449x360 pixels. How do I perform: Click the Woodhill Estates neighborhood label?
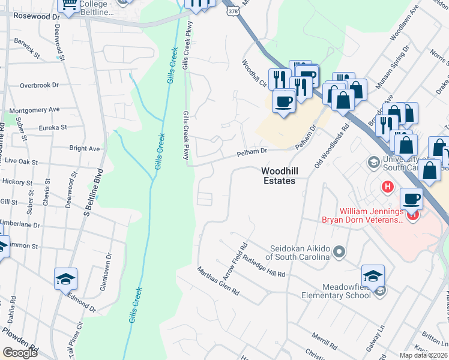coord(279,175)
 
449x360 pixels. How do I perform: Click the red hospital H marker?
coord(388,187)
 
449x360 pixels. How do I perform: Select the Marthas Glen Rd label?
coord(218,281)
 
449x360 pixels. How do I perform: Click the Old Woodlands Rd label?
coord(331,147)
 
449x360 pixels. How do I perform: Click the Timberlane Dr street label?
coord(19,224)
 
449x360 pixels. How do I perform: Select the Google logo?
coord(20,353)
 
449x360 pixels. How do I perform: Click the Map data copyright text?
coord(424,355)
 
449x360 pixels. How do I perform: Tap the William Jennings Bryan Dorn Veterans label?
coord(371,216)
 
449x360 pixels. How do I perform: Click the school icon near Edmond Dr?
coord(65,278)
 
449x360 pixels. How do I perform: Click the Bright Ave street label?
coord(84,148)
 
